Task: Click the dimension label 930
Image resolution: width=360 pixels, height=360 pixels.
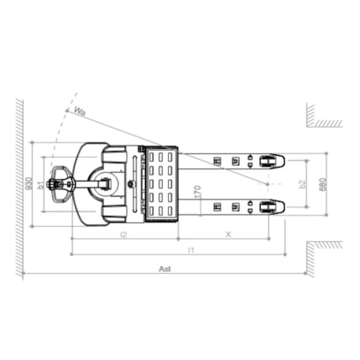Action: [x=29, y=184]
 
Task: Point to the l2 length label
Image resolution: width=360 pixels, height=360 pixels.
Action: [x=124, y=234]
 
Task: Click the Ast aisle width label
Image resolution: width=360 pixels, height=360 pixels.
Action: [x=164, y=268]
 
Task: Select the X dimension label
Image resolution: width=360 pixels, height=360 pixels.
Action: [x=228, y=233]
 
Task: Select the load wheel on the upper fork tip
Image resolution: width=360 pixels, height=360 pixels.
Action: [x=267, y=160]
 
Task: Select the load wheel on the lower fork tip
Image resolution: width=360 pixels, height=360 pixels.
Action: [x=267, y=207]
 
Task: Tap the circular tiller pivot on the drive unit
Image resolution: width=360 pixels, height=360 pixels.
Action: [x=104, y=184]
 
